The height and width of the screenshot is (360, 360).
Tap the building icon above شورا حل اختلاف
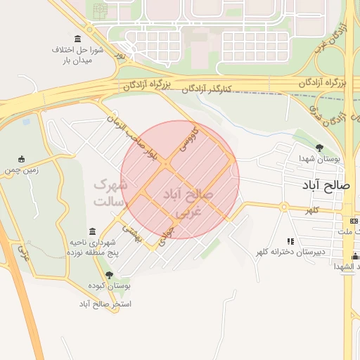(77, 38)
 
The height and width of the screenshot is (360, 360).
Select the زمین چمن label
(21, 169)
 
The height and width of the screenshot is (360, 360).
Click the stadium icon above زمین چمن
(21, 158)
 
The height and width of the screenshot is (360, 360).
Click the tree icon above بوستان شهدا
(320, 148)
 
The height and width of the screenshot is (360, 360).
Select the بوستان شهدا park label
(319, 159)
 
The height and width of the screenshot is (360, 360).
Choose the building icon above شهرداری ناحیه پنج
(92, 231)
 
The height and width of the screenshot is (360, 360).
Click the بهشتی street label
(132, 234)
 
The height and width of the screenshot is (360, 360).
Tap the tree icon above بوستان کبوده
(108, 275)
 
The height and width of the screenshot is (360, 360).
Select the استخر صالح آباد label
(105, 304)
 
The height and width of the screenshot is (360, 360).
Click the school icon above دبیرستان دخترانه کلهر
(291, 240)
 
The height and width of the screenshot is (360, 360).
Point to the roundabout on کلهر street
(284, 207)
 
